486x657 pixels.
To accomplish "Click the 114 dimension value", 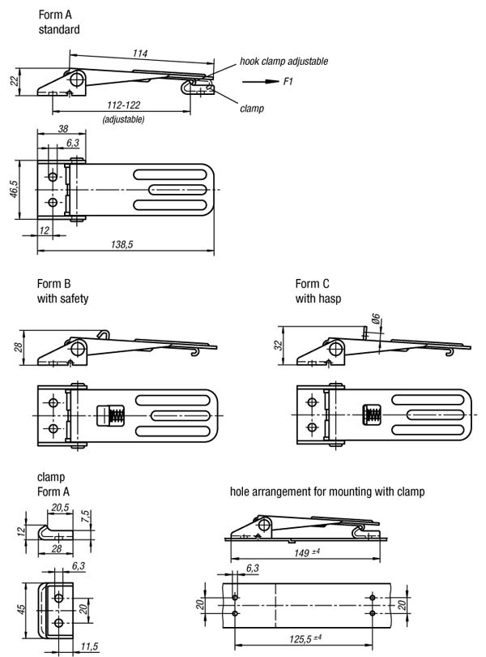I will point(140,54).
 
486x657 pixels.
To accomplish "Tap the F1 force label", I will point(288,81).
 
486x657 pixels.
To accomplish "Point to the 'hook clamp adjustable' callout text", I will point(283,61).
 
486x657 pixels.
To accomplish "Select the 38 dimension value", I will point(62,129).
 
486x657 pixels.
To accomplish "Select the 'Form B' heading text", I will point(54,284).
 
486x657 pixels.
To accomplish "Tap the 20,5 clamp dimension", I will point(59,507).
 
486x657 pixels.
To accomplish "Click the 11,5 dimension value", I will point(90,647).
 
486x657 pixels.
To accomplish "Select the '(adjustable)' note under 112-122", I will point(123,119).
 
